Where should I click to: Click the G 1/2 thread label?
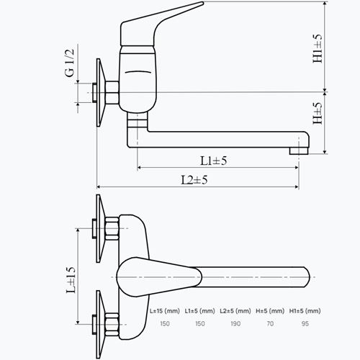click(x=70, y=63)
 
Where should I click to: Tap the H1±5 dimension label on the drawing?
click(x=318, y=49)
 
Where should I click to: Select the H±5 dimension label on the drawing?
click(x=318, y=114)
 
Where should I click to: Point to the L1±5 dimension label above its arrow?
click(x=213, y=161)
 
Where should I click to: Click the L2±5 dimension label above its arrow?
click(x=194, y=180)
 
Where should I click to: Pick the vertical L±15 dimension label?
click(x=71, y=280)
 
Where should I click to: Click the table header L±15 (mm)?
click(x=165, y=311)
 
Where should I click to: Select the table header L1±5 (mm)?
click(x=199, y=311)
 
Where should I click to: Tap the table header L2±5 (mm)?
click(x=235, y=311)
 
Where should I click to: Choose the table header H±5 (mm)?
click(x=270, y=311)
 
